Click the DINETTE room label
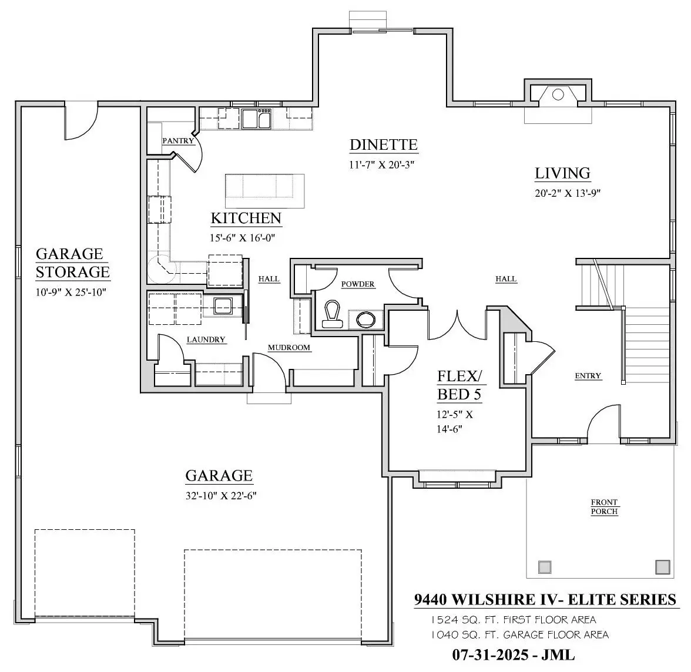point(383,145)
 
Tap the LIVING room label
point(562,173)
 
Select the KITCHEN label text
point(246,218)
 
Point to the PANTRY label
point(178,140)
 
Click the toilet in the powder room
point(333,315)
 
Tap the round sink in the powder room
point(365,320)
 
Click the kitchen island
point(265,191)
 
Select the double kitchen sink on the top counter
point(256,119)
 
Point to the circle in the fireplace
point(558,95)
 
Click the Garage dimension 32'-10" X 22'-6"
point(221,496)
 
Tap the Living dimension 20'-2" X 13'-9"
point(568,193)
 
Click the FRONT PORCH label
point(604,507)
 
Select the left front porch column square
point(545,567)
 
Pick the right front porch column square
point(663,567)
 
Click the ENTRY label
point(588,376)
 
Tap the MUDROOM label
point(289,348)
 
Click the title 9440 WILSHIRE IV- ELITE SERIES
point(545,600)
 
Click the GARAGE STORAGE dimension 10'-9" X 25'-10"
point(71,292)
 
